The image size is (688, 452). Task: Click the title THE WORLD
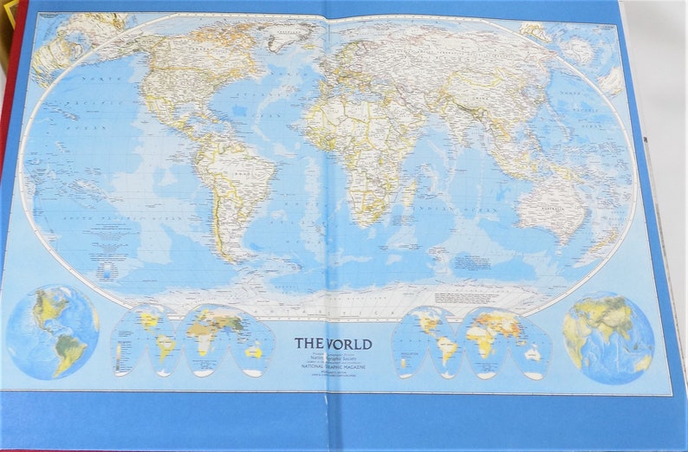click(x=334, y=344)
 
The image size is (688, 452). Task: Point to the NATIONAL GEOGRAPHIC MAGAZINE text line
click(x=333, y=366)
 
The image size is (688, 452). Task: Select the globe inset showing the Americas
click(x=53, y=331)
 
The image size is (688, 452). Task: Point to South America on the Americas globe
click(x=69, y=351)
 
